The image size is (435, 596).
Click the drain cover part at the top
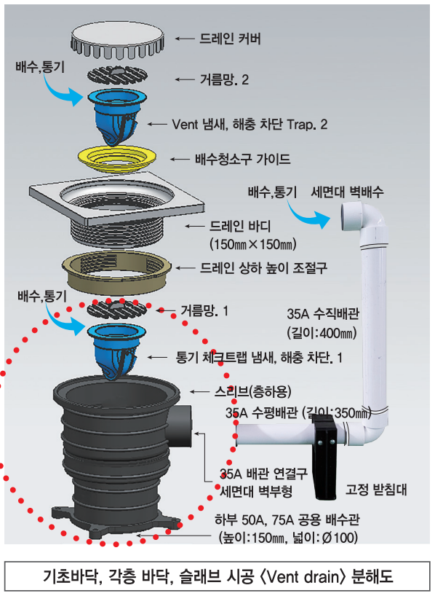pos(117,41)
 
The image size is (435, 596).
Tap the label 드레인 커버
pos(230,39)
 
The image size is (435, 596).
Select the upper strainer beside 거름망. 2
pos(117,75)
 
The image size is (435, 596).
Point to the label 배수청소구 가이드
pos(243,159)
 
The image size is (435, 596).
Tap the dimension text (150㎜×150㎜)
pos(253,244)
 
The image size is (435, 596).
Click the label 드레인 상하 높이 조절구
pos(263,268)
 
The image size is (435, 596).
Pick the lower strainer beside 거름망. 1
pos(117,309)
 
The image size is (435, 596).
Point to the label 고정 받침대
pos(376,490)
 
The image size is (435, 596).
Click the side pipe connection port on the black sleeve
pos(181,426)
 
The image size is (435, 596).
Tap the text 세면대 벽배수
pos(347,192)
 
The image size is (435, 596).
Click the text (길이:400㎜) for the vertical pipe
pos(322,333)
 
